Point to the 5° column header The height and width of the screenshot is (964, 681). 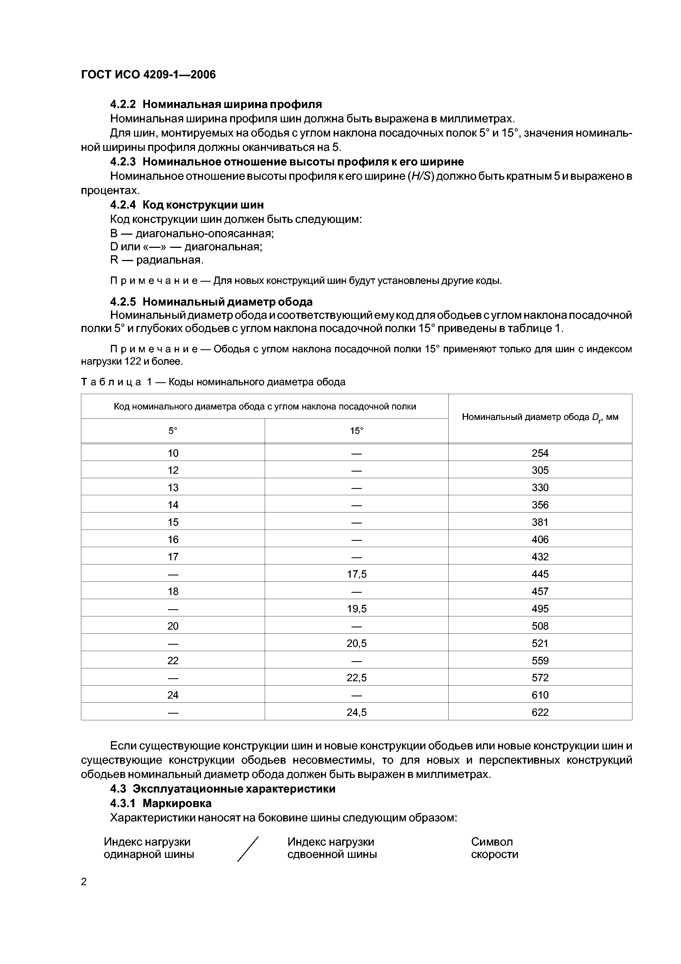[173, 431]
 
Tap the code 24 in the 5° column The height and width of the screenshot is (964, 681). [173, 695]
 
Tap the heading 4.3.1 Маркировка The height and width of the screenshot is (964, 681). [161, 803]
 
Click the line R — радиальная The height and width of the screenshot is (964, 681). [157, 260]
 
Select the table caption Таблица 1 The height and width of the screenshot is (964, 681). [213, 382]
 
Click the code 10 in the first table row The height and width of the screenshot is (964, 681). [173, 453]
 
